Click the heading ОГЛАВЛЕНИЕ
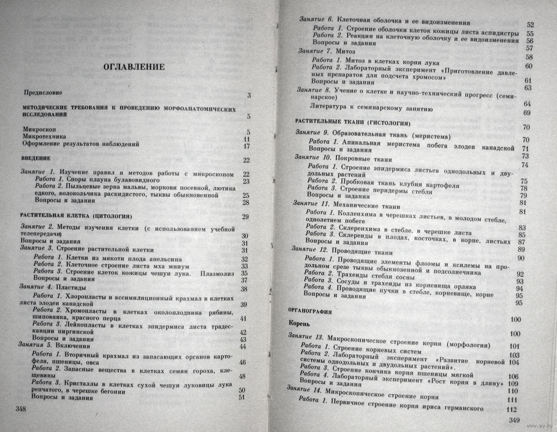[134, 67]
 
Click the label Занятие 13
[306, 337]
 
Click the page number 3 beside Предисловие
[248, 95]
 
